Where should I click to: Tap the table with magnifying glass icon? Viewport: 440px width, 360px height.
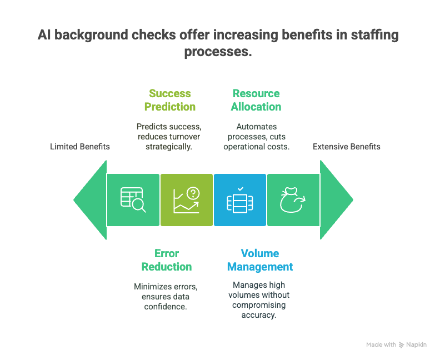133,200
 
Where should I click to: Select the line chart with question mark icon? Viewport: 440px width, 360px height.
186,200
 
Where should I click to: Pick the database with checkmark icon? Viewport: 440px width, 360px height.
240,200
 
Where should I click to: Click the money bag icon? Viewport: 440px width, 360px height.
292,200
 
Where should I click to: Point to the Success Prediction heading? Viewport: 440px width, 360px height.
170,100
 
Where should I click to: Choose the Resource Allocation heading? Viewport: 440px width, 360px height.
256,100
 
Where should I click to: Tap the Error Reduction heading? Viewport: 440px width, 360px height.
167,260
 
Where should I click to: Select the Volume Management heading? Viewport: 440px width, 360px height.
260,260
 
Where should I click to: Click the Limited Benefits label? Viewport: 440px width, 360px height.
79,147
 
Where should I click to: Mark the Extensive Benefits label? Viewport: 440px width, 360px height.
347,147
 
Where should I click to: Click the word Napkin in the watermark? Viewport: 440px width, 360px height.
417,344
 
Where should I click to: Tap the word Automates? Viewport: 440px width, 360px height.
257,127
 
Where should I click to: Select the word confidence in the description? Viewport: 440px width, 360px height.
166,307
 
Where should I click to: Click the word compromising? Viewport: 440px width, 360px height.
259,306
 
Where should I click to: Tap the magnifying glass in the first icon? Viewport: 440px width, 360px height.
139,206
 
